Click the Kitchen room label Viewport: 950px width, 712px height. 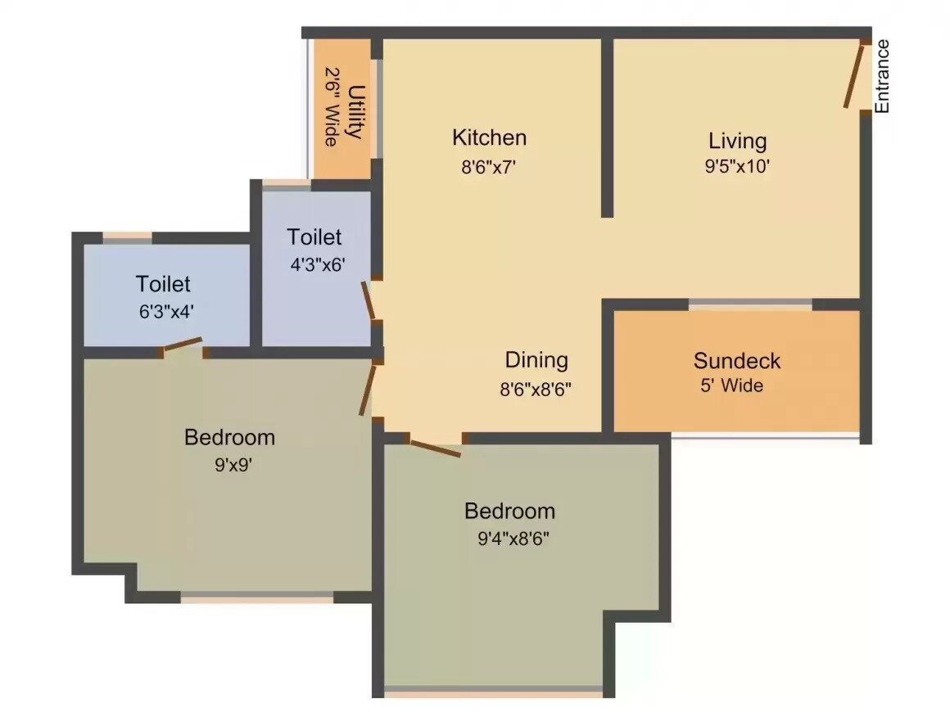coord(489,137)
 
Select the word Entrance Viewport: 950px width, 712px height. coord(882,76)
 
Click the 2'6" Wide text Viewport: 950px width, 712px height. coord(332,106)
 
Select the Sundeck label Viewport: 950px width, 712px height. coord(736,361)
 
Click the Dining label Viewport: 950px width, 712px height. coord(536,360)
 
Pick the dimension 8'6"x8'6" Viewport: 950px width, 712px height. coord(536,389)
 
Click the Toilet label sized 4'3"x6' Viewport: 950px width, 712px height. coord(314,237)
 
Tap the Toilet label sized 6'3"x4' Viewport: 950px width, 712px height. coord(163,284)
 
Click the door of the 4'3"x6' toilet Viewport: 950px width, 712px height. coord(369,300)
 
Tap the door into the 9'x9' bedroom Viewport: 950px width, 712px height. coord(368,390)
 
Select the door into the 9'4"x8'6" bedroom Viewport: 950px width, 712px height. coord(435,448)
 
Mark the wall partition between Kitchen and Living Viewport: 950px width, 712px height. coord(607,127)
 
